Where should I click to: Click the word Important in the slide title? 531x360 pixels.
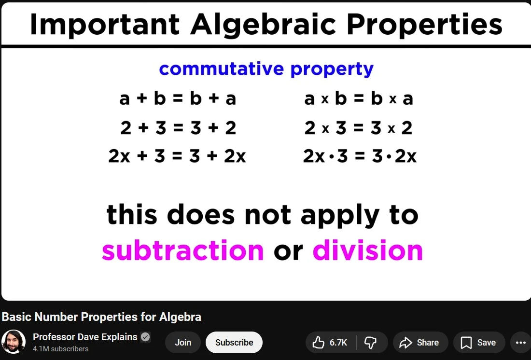pyautogui.click(x=105, y=25)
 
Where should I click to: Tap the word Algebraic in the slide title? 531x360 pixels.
pyautogui.click(x=263, y=25)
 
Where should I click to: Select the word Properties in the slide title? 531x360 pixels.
pyautogui.click(x=425, y=25)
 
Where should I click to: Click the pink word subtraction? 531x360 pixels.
pyautogui.click(x=182, y=250)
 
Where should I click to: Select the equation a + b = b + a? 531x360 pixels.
pyautogui.click(x=178, y=98)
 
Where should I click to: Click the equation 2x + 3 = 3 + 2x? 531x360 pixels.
pyautogui.click(x=177, y=156)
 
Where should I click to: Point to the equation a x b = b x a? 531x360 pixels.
pyautogui.click(x=359, y=98)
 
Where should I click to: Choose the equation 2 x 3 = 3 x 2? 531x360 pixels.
pyautogui.click(x=358, y=128)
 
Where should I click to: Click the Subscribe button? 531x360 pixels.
pyautogui.click(x=234, y=343)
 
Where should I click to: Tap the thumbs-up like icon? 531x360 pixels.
pyautogui.click(x=318, y=343)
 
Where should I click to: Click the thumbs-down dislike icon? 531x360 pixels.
pyautogui.click(x=370, y=343)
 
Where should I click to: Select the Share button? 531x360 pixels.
pyautogui.click(x=420, y=343)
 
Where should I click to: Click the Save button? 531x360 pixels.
pyautogui.click(x=479, y=343)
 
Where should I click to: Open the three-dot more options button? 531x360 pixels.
pyautogui.click(x=520, y=343)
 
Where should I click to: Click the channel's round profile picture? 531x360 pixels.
pyautogui.click(x=14, y=342)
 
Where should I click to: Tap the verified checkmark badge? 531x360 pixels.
pyautogui.click(x=145, y=337)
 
